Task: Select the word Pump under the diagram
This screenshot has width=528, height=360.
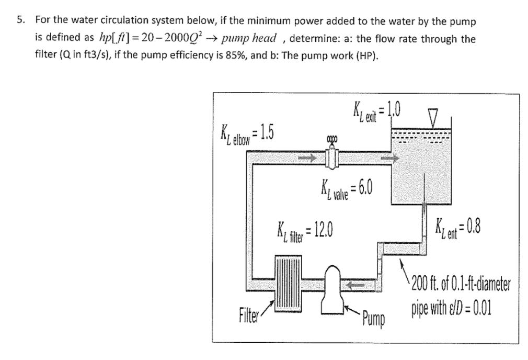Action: (372, 318)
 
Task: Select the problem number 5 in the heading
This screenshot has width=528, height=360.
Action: (19, 21)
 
